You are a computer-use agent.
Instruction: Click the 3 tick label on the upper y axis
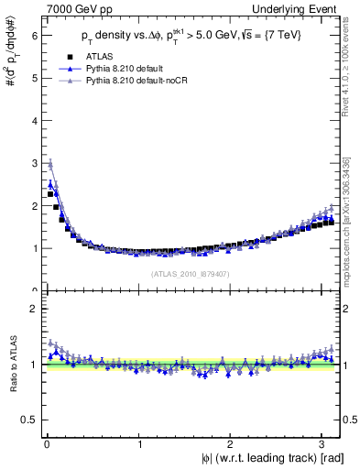click(x=33, y=163)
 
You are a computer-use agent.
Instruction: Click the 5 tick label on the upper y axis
click(x=33, y=78)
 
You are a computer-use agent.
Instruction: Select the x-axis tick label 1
click(x=138, y=444)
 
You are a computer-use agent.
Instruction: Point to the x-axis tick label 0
click(x=47, y=444)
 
